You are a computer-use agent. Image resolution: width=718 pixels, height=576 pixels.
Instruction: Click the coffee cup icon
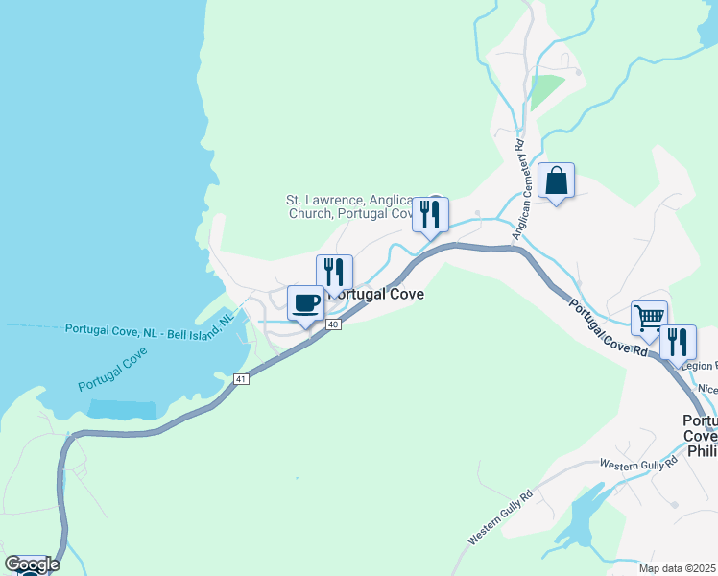(305, 303)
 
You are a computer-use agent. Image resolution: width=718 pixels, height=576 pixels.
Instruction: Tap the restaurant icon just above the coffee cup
(334, 273)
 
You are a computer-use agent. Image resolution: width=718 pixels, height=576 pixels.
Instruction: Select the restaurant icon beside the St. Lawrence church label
(430, 214)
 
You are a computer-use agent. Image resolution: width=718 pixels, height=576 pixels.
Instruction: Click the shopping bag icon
(556, 180)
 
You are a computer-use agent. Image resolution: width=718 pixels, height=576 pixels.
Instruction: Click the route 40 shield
(332, 325)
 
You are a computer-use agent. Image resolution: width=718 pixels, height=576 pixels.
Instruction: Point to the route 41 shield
(241, 380)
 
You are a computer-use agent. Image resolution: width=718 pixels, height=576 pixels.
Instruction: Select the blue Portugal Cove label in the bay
(112, 369)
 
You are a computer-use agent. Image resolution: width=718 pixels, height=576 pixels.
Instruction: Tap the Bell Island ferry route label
(149, 327)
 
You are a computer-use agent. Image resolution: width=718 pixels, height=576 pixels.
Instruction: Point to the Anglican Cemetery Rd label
(520, 190)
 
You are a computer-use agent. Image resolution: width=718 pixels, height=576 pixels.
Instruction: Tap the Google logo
(32, 564)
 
